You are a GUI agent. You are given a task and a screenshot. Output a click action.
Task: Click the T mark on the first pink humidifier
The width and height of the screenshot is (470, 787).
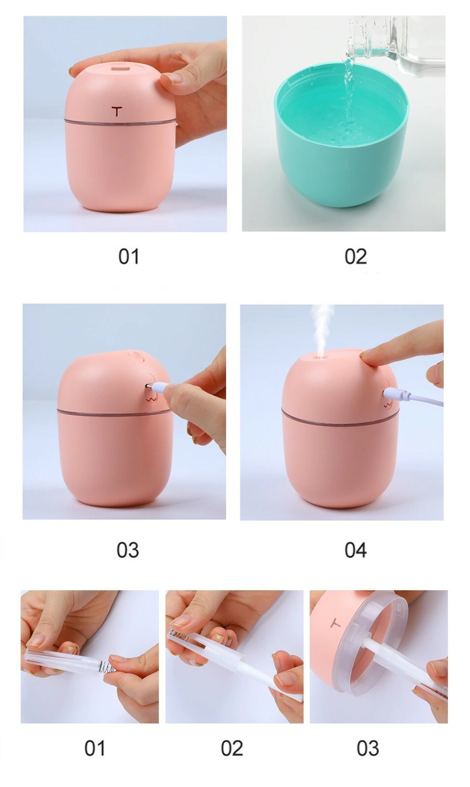coord(117,111)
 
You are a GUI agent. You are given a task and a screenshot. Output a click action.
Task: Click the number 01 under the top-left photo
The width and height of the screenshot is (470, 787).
coord(129,256)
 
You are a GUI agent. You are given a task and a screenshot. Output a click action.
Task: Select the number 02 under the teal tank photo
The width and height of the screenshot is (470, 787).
coord(355,256)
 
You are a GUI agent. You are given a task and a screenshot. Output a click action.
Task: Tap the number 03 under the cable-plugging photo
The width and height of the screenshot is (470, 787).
coord(128,550)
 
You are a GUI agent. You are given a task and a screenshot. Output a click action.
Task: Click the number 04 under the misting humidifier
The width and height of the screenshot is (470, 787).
coord(355,550)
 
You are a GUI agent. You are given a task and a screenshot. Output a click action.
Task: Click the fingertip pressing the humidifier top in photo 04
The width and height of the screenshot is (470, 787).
coord(367,358)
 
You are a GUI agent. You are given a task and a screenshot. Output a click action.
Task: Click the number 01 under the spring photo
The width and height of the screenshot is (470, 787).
coord(95,748)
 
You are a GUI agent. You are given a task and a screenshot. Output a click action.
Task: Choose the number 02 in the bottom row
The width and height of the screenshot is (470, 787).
coord(232,748)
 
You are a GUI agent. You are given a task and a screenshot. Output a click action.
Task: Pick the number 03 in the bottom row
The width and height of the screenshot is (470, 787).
coord(368,748)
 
